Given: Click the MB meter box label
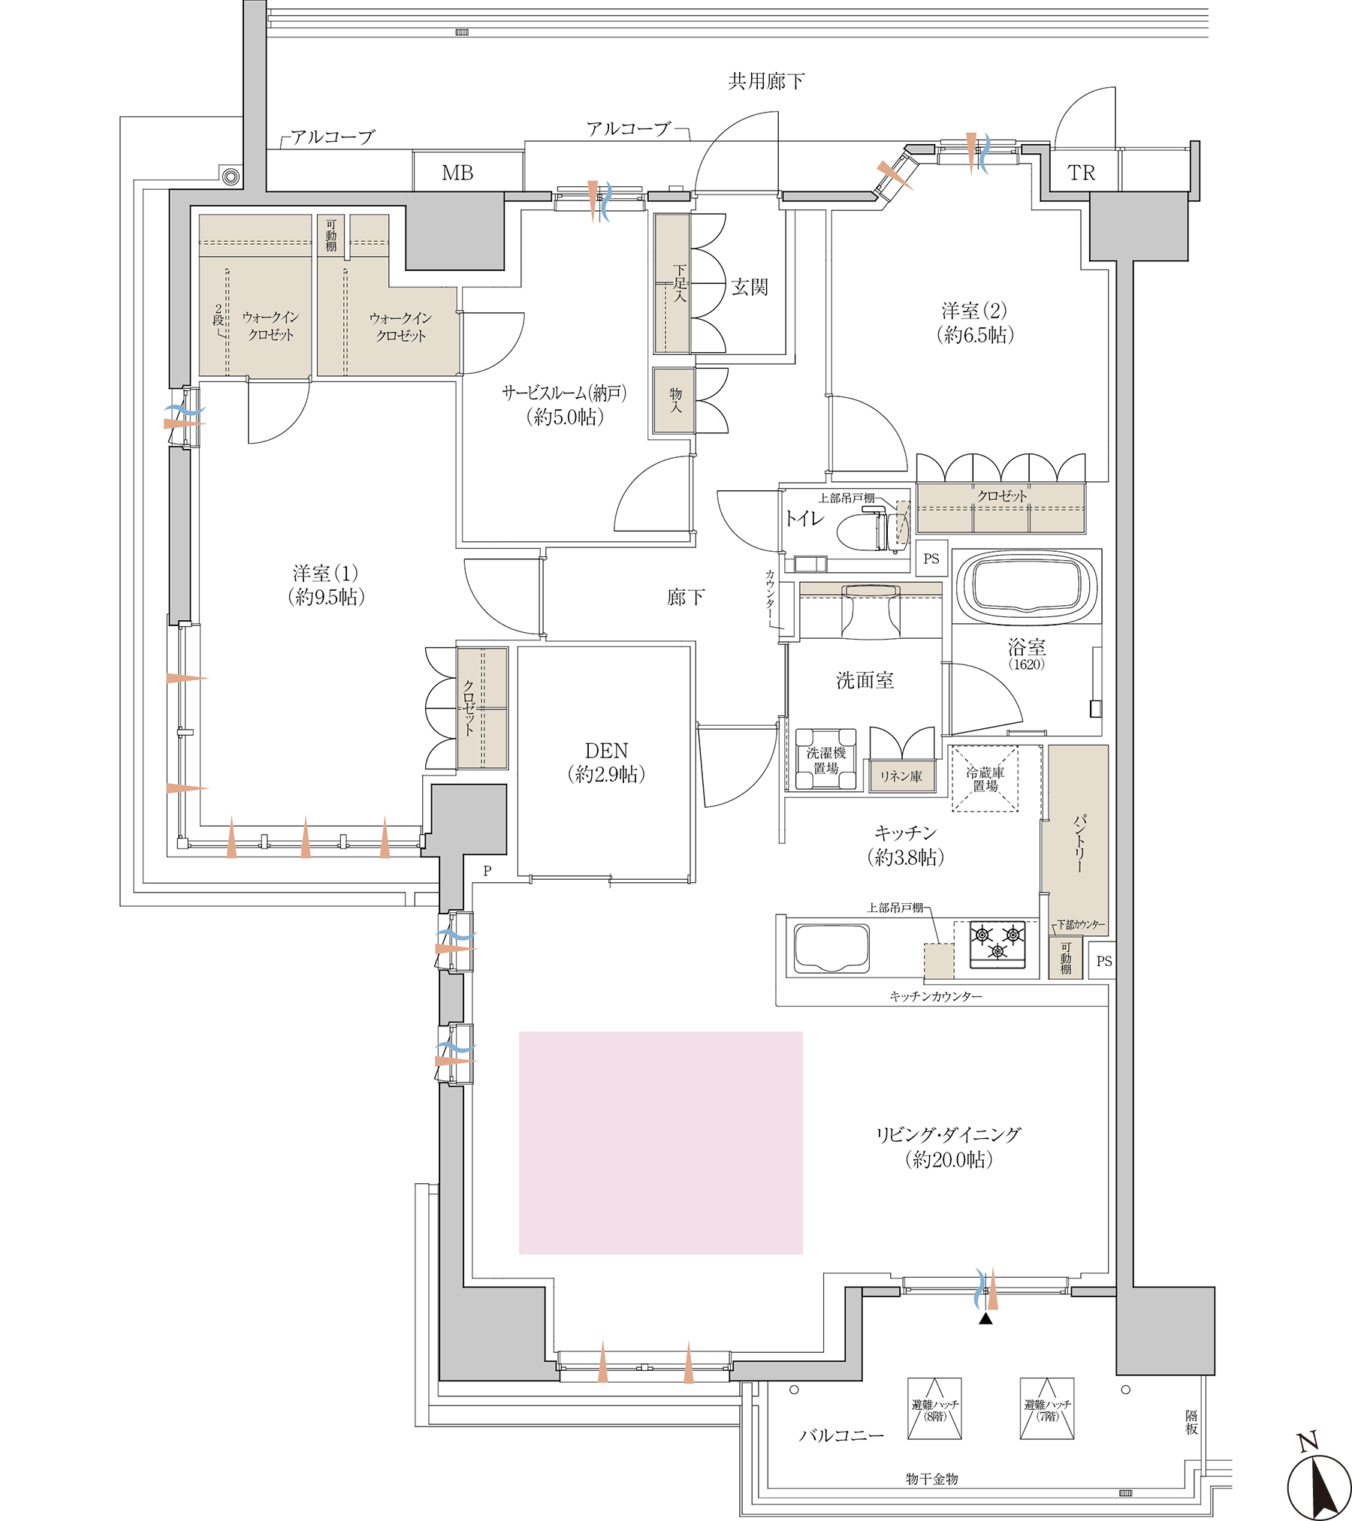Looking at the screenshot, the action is coord(457,173).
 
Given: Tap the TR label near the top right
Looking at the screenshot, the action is coord(1081,173).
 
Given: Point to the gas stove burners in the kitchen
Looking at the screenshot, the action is coord(997,943).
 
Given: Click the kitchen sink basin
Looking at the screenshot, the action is coord(831,947).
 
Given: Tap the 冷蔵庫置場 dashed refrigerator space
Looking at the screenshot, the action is coord(985,779).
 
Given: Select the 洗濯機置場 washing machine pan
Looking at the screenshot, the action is coord(826,760).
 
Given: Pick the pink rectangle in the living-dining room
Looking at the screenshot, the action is coord(661,1143).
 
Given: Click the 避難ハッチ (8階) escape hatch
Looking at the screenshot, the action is coord(934,1408).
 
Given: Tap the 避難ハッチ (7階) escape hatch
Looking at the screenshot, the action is coord(1047,1408).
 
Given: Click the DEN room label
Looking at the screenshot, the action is coord(606,751).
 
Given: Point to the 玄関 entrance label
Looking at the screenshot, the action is coord(750,287).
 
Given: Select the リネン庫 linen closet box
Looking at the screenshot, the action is coord(901,776).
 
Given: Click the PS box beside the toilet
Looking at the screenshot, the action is coord(931,559).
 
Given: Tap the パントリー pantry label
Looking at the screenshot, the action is coord(1079,843).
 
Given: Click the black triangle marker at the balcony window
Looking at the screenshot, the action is coord(985,1318).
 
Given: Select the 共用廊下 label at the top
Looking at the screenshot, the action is coord(766,81).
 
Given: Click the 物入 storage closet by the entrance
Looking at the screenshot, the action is coord(674,401).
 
